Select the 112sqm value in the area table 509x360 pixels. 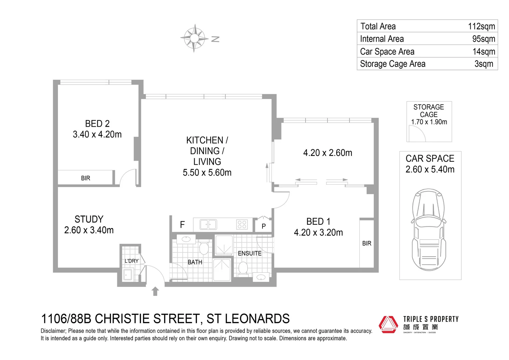coord(481,26)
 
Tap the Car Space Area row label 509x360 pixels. coord(387,52)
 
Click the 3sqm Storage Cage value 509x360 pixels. coord(484,64)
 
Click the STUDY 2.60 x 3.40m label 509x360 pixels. coord(89,225)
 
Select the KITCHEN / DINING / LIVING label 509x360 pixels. coord(207,156)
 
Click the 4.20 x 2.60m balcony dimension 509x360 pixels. coord(327,153)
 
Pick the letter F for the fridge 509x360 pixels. coord(182,225)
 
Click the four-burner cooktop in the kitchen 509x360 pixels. coord(242,224)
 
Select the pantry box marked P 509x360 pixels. coord(263,226)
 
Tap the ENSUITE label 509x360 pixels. coord(250,253)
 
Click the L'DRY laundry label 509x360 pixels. coord(131,261)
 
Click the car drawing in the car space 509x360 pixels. coord(429,230)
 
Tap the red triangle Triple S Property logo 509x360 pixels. coord(388,324)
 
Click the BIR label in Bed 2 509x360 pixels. coord(86,178)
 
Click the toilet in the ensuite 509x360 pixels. coord(243,268)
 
